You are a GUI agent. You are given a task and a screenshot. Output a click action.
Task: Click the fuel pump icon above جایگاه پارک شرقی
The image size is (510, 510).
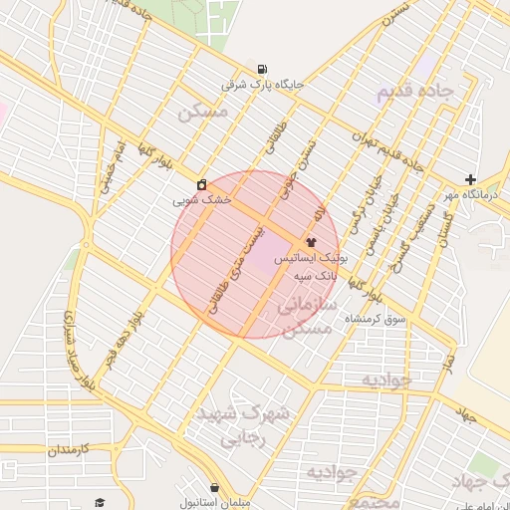tap(262, 69)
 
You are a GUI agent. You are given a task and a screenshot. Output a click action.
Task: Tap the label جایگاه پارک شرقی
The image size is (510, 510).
tap(262, 85)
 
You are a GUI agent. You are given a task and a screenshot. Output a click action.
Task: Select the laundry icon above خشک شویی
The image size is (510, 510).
tap(202, 184)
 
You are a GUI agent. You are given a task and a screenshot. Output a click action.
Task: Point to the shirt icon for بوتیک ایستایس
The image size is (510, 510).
tap(311, 241)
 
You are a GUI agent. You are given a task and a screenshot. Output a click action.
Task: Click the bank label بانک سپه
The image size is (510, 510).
tap(312, 272)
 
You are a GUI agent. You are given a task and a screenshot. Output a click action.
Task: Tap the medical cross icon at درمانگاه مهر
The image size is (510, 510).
tap(470, 179)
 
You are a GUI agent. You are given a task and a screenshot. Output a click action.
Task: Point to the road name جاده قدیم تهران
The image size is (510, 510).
tap(388, 150)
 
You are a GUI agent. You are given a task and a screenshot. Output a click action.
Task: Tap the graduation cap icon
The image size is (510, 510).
tap(99, 502)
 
